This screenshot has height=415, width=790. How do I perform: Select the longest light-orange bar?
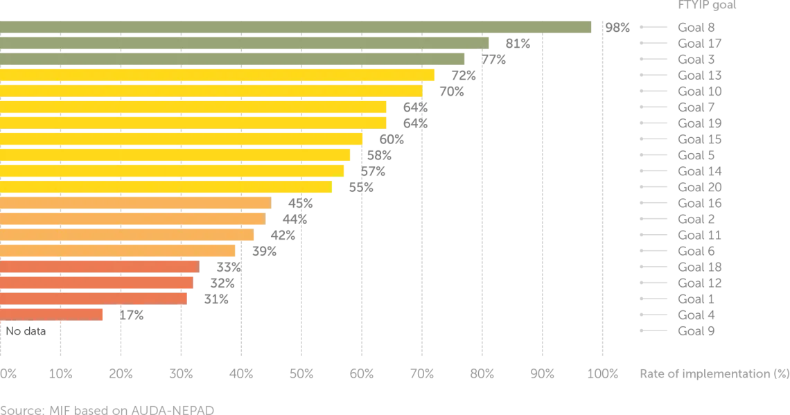pos(136,202)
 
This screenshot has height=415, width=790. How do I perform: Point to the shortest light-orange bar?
pos(119,250)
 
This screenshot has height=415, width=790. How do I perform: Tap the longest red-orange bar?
pos(100,267)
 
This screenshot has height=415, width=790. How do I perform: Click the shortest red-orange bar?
pos(53,314)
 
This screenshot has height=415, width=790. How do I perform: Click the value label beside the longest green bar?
pos(617,27)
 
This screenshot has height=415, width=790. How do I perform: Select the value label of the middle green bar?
pos(518,42)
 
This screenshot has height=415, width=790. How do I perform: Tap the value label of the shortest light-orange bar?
pos(263,253)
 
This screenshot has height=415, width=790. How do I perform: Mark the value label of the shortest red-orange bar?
pos(130,315)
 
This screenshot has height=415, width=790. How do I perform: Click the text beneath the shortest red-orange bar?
pos(28,332)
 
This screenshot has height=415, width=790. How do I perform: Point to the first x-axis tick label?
pos(7,375)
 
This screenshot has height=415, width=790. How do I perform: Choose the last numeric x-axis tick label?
pos(603,375)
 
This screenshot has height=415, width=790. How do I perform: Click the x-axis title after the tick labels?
pos(713,375)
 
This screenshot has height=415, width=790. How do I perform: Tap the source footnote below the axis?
pos(107,409)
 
